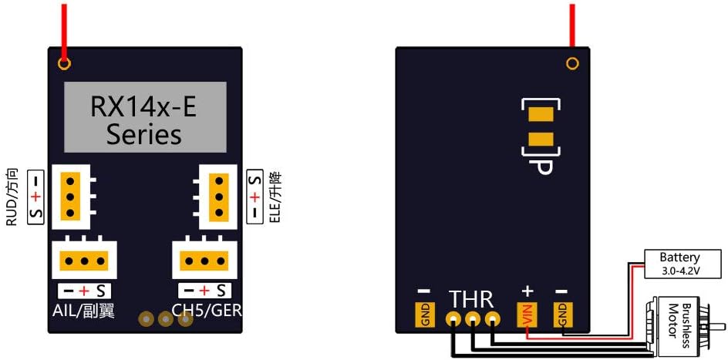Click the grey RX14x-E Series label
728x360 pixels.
(144, 117)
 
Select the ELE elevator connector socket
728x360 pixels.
(217, 197)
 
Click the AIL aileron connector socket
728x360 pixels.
(84, 261)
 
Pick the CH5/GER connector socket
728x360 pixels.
(204, 261)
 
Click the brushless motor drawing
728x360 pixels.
(682, 324)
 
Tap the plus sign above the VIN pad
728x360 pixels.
(527, 291)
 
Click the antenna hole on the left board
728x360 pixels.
(65, 63)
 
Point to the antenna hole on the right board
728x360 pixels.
(572, 63)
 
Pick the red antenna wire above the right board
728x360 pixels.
(572, 23)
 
